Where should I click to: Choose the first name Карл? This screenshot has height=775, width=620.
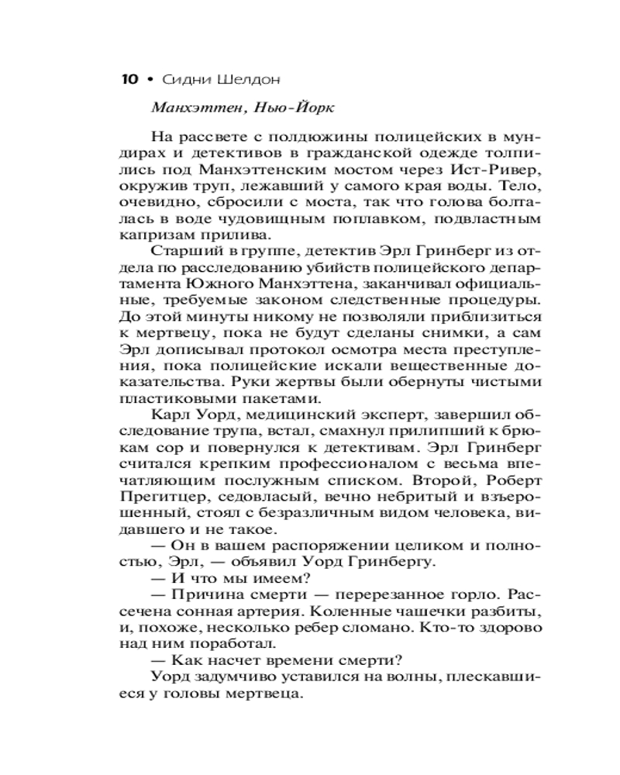(172, 416)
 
